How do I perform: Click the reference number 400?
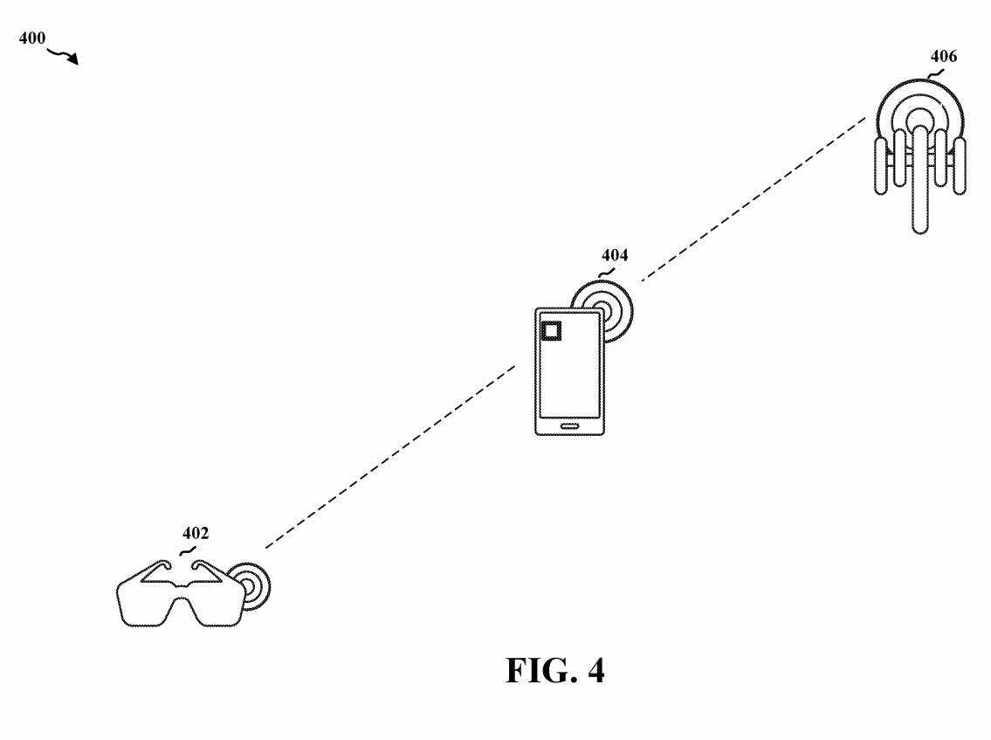point(32,38)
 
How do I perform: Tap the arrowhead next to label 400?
point(74,59)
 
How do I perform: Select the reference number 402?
point(196,534)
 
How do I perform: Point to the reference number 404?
point(615,255)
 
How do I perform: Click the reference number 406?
point(944,56)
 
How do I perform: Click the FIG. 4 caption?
point(555,670)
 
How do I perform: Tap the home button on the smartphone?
point(569,426)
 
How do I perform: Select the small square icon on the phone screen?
point(551,331)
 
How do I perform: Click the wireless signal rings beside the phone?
point(616,310)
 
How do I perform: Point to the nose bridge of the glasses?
point(182,591)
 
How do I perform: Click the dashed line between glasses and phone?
point(390,457)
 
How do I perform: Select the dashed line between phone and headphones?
point(753,199)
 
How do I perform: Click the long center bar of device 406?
point(920,180)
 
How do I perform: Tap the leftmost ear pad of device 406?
point(881,166)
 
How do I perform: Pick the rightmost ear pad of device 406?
point(960,166)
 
